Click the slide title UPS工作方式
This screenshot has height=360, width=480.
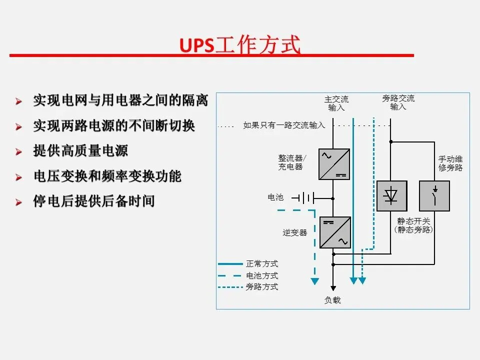[x=240, y=45]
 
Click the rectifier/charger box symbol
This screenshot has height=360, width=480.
[x=334, y=164]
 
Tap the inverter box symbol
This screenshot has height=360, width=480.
[x=334, y=232]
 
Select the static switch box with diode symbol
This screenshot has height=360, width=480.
[x=391, y=196]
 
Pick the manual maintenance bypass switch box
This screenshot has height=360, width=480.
[x=434, y=196]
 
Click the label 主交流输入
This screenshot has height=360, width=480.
[x=336, y=103]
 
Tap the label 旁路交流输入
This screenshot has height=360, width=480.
[x=398, y=102]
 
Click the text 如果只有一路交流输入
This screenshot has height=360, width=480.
[x=284, y=125]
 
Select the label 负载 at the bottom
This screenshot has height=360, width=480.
[x=332, y=300]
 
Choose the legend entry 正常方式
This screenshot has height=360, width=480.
[x=261, y=263]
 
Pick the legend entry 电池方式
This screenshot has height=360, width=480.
[x=261, y=275]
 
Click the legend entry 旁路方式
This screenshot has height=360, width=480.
[x=261, y=287]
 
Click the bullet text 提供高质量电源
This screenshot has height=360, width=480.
[x=80, y=151]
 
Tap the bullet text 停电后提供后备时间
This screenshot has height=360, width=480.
[x=94, y=201]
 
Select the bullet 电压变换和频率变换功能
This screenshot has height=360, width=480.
[x=107, y=176]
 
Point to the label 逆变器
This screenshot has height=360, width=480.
[x=294, y=232]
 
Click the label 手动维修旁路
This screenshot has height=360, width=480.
[x=450, y=163]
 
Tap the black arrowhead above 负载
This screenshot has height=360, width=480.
[x=333, y=288]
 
